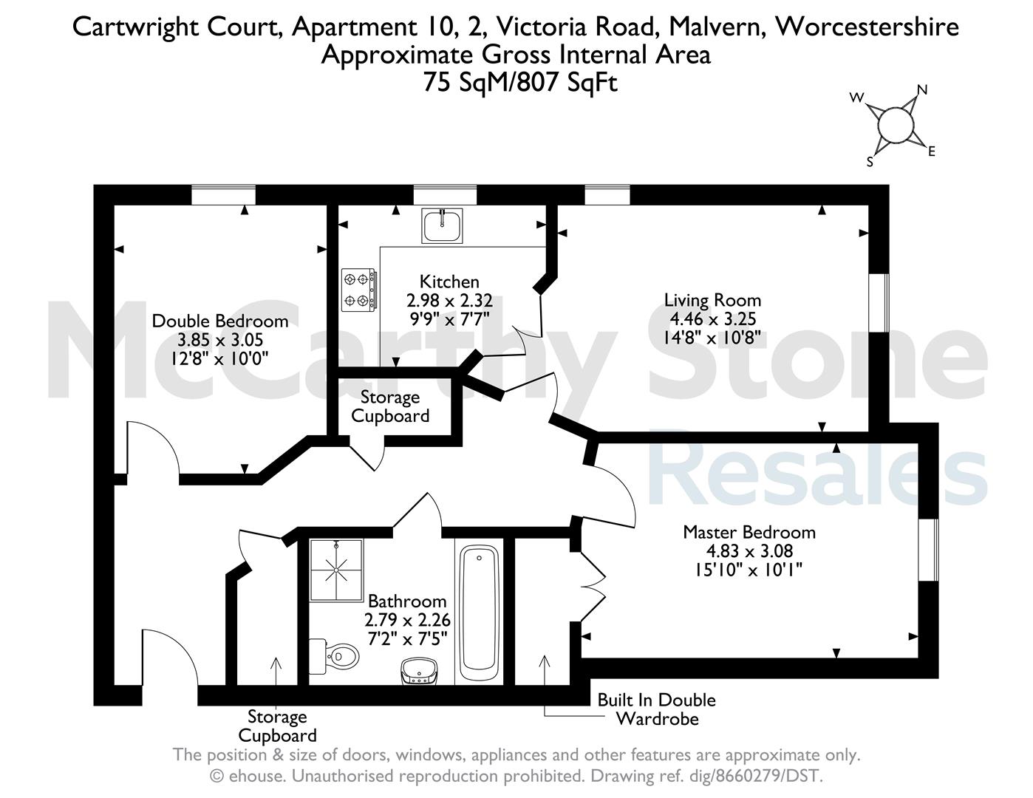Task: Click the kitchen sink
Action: [442, 225]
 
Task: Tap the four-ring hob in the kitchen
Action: [359, 290]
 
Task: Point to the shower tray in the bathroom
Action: [336, 570]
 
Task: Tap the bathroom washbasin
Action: [419, 671]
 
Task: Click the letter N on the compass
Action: [921, 90]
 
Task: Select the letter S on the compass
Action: [870, 162]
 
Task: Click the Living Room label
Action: [712, 301]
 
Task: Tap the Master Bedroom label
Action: [749, 532]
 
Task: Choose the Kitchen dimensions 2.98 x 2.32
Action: [449, 301]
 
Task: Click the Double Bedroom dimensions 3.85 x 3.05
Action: [220, 340]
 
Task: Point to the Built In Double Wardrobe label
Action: [656, 709]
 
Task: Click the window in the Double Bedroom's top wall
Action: [223, 195]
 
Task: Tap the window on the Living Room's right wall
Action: [879, 303]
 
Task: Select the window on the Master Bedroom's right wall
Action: [928, 550]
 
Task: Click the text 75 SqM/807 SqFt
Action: [520, 83]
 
